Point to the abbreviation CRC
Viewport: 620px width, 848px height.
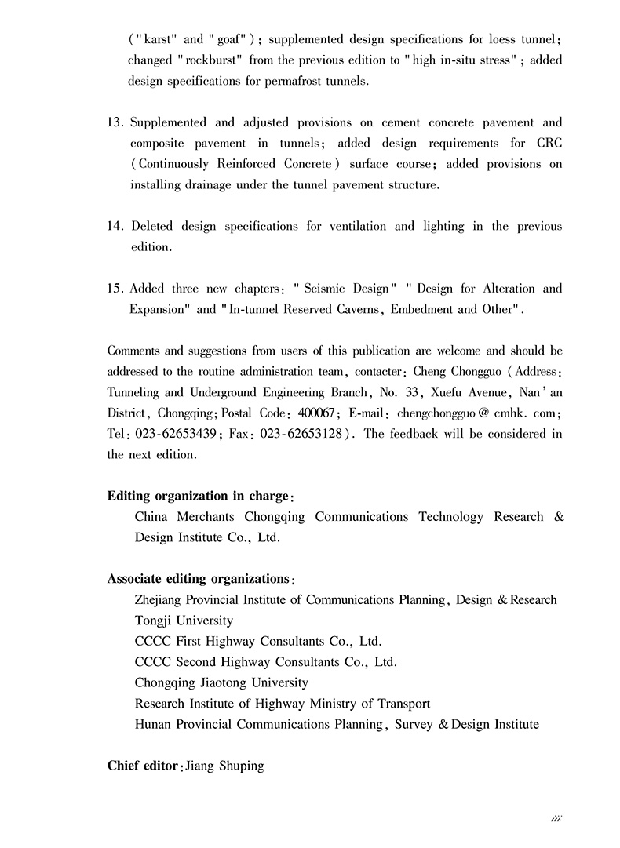(x=547, y=144)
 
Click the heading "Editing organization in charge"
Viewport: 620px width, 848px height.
(x=199, y=496)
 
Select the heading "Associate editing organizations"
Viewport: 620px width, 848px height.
(x=199, y=579)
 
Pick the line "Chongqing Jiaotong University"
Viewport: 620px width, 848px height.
(x=221, y=682)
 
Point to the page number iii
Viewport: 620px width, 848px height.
(x=556, y=818)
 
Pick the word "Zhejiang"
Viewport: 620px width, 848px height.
(x=161, y=599)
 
